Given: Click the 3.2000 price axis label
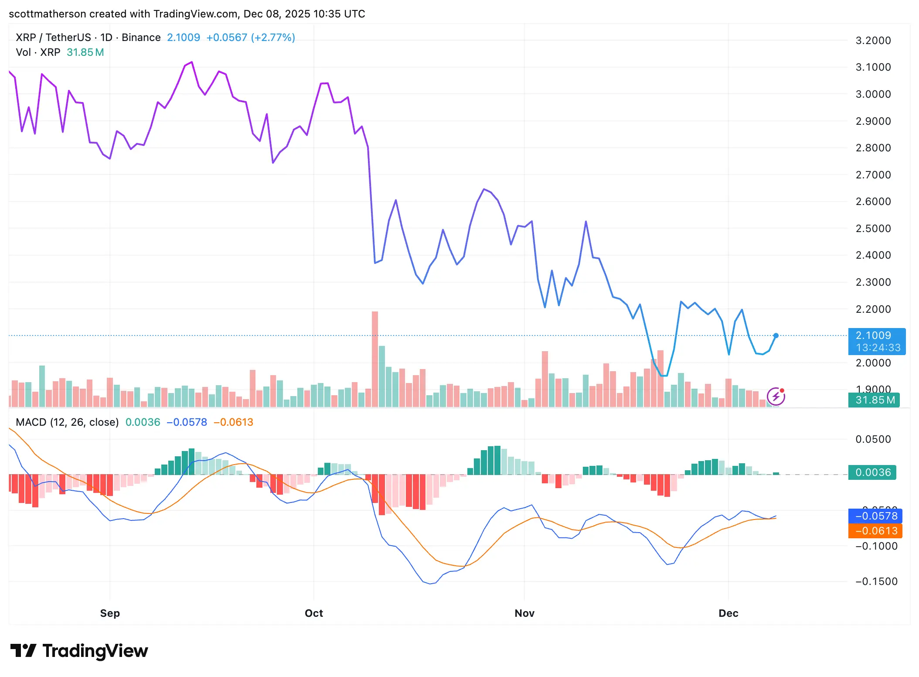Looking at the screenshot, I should pos(873,41).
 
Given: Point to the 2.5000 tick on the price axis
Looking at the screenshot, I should pos(873,229).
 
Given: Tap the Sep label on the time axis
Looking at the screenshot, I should pos(110,613).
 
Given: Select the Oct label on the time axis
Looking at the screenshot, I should pos(314,613).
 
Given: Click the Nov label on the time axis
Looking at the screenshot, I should pos(524,613).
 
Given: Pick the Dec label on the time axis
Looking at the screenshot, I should pos(728,613).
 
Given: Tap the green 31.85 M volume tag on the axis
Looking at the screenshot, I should pos(874,400).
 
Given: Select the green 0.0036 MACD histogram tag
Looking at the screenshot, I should pos(872,472).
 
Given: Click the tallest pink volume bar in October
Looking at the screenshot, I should pos(375,358).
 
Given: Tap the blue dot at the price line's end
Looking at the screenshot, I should pos(776,335).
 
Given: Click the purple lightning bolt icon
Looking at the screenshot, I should pos(776,397).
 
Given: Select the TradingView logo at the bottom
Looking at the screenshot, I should pos(79,651).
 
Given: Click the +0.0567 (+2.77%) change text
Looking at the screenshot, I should pos(251,38).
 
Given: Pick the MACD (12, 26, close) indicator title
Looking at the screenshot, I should pos(67,422).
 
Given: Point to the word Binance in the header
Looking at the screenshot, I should pos(141,38).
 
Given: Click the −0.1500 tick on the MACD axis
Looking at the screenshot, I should pos(875,581).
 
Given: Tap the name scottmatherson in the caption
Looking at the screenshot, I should pos(48,14).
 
